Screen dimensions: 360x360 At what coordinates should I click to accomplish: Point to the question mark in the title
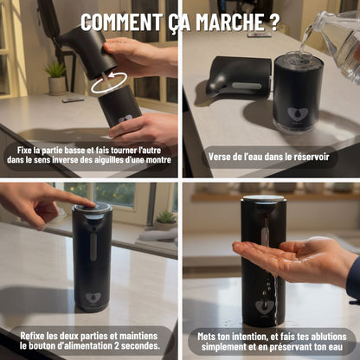point(275,22)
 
